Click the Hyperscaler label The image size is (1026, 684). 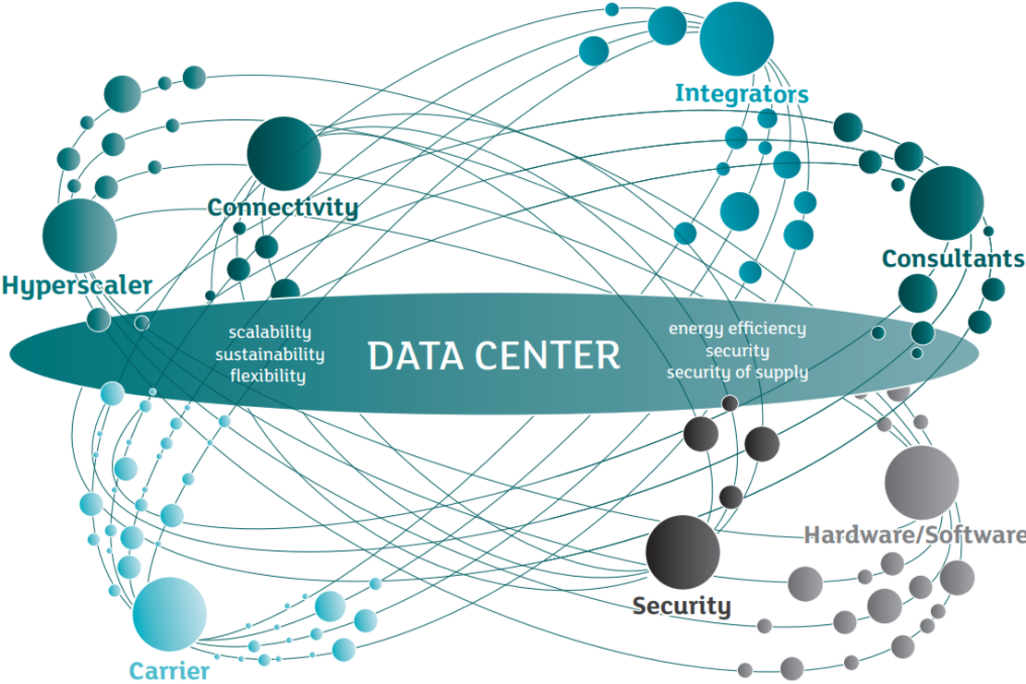click(77, 286)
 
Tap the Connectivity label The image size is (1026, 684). click(283, 208)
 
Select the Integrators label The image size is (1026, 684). click(742, 93)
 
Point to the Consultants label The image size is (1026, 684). click(953, 258)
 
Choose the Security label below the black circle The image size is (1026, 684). click(682, 606)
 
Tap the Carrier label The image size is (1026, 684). click(170, 671)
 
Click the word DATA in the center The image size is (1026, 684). click(416, 355)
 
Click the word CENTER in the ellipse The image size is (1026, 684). click(547, 355)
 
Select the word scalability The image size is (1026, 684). click(270, 333)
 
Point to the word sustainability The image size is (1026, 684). click(270, 354)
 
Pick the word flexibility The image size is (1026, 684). click(268, 376)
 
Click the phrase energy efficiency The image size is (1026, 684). click(737, 329)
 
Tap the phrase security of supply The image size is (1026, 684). click(738, 372)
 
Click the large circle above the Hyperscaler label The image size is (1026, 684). click(79, 235)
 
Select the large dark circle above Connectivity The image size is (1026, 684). click(284, 153)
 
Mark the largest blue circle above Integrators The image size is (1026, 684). click(736, 39)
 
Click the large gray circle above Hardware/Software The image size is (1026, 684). click(922, 483)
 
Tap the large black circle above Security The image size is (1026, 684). click(682, 552)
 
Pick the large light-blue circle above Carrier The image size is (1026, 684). click(170, 614)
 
